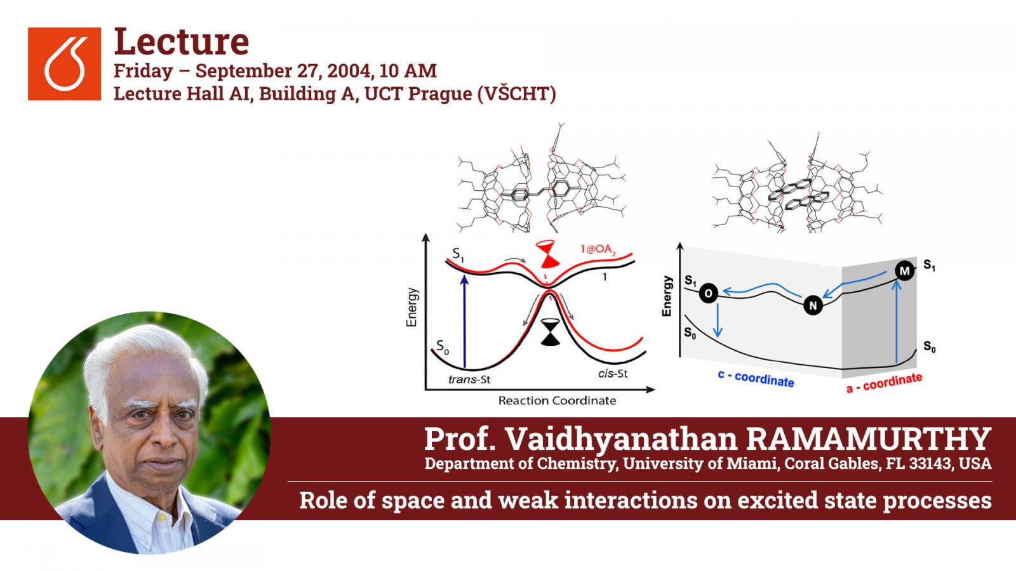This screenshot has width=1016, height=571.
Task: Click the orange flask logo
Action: click(x=64, y=63)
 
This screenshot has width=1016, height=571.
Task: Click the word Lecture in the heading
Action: click(x=182, y=42)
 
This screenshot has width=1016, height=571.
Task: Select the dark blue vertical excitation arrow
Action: click(x=464, y=321)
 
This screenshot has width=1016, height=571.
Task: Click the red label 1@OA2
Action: click(x=598, y=249)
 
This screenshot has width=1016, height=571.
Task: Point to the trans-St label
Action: click(x=469, y=379)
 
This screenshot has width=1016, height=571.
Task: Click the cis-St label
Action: click(x=613, y=374)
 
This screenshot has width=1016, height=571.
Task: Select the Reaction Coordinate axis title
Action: click(x=557, y=400)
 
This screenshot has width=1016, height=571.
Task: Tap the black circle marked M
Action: click(x=904, y=271)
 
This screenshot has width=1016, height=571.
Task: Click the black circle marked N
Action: click(x=813, y=305)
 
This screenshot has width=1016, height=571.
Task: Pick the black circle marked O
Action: click(x=708, y=294)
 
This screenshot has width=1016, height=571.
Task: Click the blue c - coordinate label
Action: click(x=756, y=379)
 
